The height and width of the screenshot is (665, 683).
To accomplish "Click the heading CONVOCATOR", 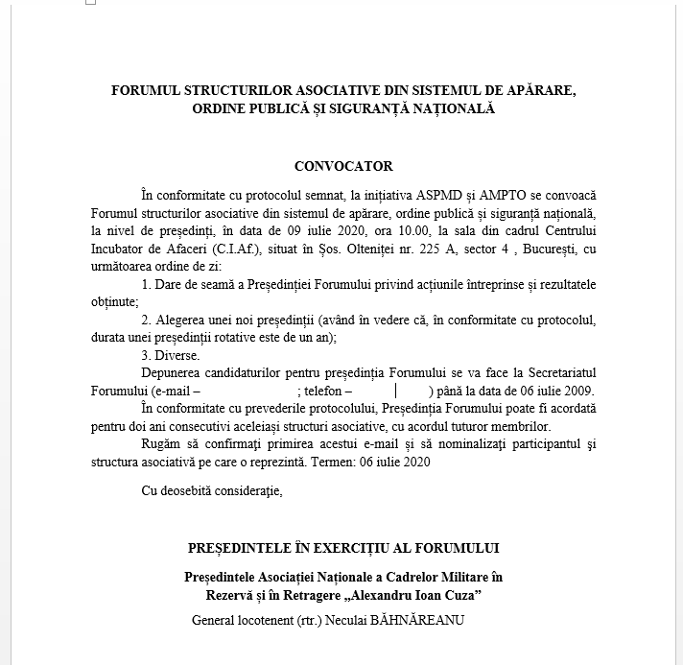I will [x=342, y=167].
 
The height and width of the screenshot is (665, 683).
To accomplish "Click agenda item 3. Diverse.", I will [x=171, y=355].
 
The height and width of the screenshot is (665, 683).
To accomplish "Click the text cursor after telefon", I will [x=396, y=391].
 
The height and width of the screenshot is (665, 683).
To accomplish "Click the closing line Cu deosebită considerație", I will [x=211, y=492].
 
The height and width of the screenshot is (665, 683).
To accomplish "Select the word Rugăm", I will [x=160, y=444].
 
